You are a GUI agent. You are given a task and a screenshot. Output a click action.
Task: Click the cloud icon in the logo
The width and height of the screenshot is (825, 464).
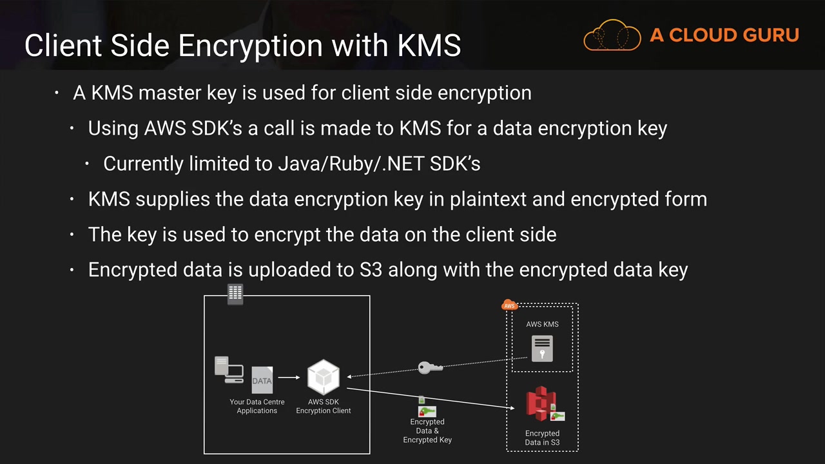click(612, 35)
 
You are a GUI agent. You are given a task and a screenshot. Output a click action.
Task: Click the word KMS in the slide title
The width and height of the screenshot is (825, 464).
click(429, 46)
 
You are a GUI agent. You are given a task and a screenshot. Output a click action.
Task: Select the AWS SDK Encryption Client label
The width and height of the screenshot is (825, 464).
click(324, 406)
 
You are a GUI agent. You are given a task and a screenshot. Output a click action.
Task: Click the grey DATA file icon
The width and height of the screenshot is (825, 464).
click(262, 380)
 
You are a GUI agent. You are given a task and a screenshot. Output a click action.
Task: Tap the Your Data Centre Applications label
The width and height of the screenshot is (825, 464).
click(257, 406)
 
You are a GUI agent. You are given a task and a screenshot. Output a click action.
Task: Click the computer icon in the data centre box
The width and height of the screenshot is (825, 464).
click(229, 369)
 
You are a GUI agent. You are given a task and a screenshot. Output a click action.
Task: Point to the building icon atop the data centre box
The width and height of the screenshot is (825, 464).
click(235, 294)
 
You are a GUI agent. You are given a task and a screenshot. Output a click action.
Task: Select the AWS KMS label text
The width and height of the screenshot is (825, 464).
click(542, 324)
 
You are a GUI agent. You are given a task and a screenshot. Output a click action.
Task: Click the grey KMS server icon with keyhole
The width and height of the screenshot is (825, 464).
click(542, 349)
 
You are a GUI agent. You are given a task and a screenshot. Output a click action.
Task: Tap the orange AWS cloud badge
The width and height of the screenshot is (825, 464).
click(509, 305)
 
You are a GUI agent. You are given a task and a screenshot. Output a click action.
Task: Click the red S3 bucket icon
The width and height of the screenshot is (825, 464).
click(541, 403)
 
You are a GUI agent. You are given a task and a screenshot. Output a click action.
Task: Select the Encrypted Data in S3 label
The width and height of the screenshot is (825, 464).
click(542, 438)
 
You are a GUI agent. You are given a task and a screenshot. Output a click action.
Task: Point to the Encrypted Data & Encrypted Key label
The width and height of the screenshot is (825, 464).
click(427, 430)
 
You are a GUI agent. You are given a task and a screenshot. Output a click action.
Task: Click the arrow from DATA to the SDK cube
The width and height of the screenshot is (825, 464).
click(289, 378)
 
